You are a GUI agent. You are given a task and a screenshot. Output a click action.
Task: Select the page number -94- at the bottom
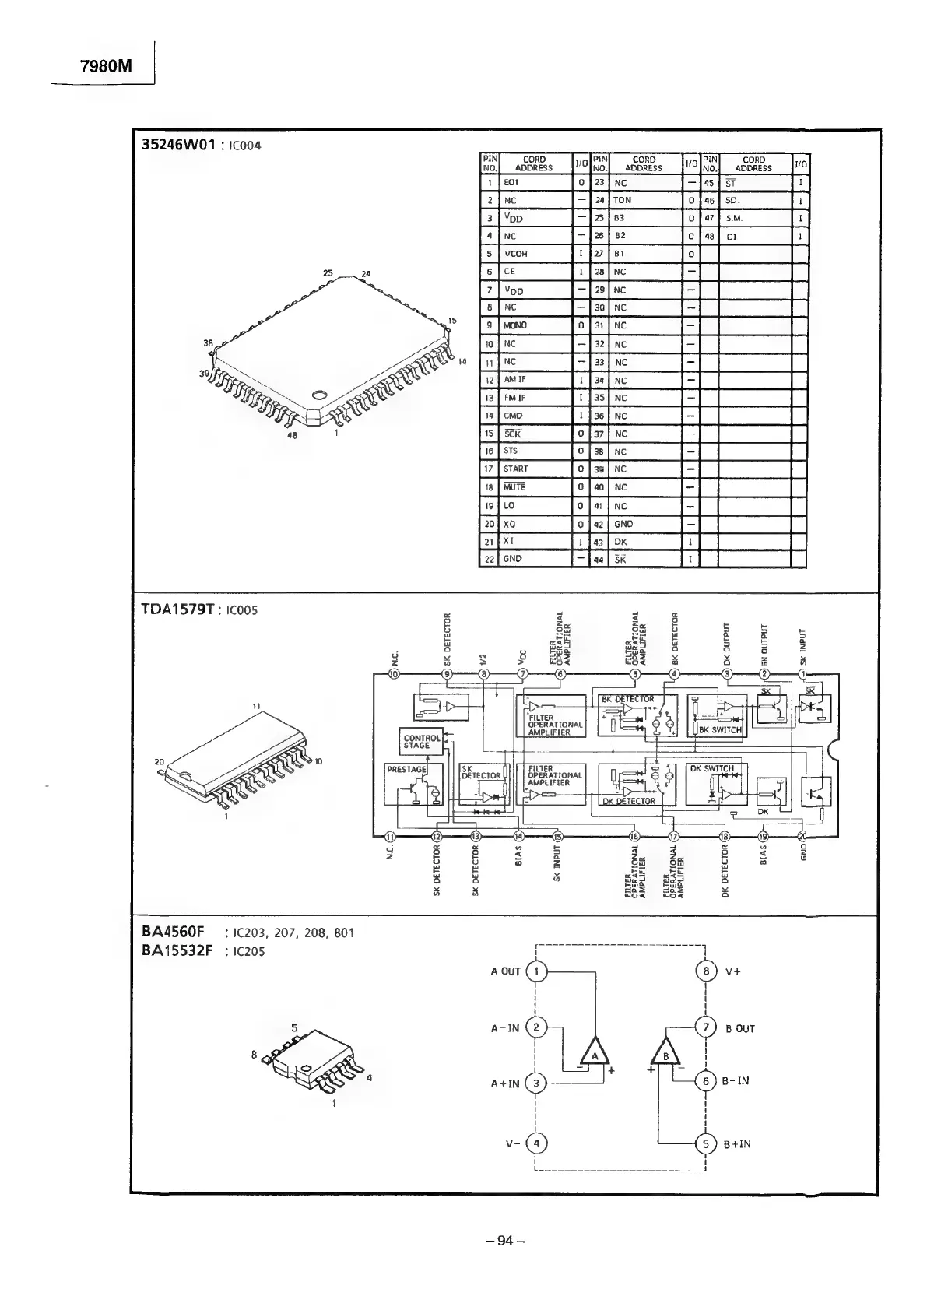pos(506,1241)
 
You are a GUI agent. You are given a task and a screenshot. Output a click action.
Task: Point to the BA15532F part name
pos(177,950)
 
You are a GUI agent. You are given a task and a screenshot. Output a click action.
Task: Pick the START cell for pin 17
pos(516,469)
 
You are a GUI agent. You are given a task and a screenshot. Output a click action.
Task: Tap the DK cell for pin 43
pos(620,542)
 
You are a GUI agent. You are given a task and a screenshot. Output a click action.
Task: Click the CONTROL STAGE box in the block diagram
pos(421,741)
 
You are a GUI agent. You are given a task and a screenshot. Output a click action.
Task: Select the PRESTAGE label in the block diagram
pos(407,769)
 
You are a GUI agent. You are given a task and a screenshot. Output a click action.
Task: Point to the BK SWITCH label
pos(720,730)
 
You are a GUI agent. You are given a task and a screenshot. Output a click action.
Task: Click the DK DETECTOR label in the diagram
pos(630,800)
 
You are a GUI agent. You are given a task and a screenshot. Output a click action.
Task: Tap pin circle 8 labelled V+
pos(706,971)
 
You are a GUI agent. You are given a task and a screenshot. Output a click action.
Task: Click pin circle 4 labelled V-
pos(537,1143)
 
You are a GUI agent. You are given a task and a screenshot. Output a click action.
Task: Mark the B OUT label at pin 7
pos(739,1028)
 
